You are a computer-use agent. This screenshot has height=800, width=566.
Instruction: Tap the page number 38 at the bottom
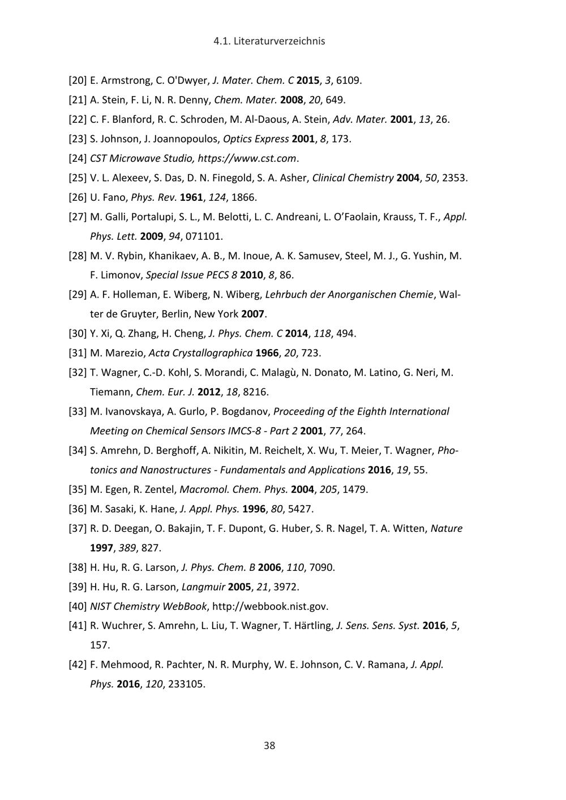(x=269, y=745)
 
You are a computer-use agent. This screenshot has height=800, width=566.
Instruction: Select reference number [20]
(x=78, y=80)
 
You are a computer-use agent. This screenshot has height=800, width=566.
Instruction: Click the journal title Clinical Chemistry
(x=353, y=178)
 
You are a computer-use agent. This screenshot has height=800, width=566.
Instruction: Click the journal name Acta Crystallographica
(x=200, y=353)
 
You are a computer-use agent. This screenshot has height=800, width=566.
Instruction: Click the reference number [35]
(x=78, y=489)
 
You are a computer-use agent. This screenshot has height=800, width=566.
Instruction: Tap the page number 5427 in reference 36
(x=300, y=509)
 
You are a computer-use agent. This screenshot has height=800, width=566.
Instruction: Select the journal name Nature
(x=447, y=528)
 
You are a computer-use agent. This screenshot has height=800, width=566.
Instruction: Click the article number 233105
(x=187, y=684)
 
